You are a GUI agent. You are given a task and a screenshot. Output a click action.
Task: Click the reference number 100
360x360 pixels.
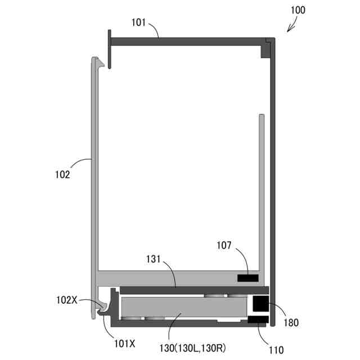click(298, 10)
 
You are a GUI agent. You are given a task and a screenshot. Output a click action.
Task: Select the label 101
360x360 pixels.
click(138, 22)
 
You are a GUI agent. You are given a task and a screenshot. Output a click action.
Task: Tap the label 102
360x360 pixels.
click(62, 174)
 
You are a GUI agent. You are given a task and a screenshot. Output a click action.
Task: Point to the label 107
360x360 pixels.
click(224, 245)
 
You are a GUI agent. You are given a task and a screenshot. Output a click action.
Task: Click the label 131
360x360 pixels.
click(154, 259)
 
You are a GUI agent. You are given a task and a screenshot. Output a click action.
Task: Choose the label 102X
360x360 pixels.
click(67, 300)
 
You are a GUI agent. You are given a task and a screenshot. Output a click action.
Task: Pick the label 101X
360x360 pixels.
click(125, 344)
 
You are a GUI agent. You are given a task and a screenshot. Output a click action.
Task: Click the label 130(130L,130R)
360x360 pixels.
click(192, 348)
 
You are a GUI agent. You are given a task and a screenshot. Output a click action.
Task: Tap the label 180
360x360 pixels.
click(291, 322)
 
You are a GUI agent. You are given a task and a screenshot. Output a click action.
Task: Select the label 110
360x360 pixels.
click(276, 350)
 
